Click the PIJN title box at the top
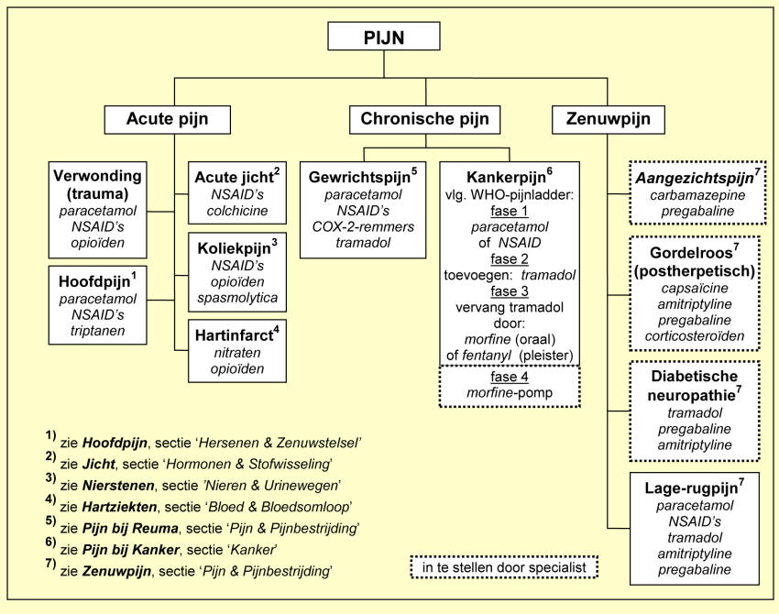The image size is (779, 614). pos(384,39)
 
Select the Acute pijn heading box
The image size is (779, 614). pos(167,119)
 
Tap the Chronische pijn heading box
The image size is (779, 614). pos(424,119)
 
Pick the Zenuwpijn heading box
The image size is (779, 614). pos(608,119)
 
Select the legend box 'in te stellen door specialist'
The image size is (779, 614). pos(505,567)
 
